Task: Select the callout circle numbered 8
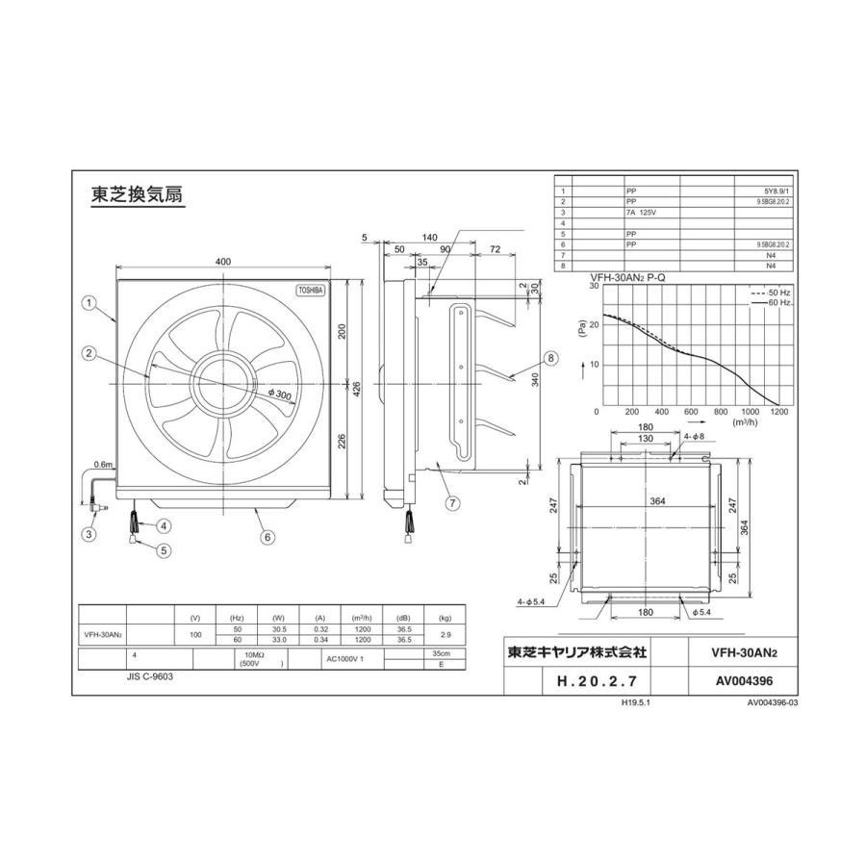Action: tap(550, 358)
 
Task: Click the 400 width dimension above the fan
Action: tap(224, 262)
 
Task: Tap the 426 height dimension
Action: tap(355, 389)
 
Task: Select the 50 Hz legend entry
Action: tap(773, 291)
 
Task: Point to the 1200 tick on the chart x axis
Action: tap(779, 412)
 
